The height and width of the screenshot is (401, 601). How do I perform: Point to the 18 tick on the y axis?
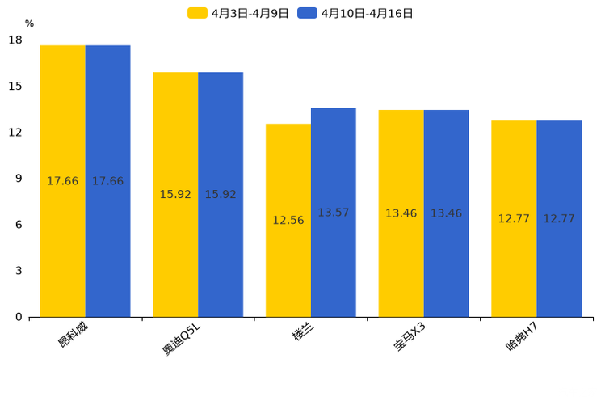15,40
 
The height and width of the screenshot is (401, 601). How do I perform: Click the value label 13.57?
333,213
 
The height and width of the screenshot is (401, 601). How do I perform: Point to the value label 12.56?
288,221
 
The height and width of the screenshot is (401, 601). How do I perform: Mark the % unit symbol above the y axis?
29,23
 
